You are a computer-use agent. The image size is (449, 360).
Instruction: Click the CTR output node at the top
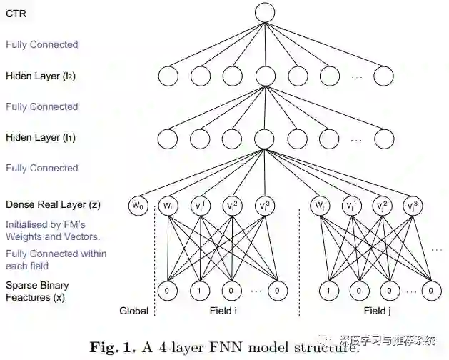click(265, 12)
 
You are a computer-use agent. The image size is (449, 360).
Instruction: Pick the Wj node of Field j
click(319, 206)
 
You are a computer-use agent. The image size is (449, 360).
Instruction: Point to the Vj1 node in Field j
click(350, 206)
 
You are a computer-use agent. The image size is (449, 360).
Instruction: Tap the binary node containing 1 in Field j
click(328, 291)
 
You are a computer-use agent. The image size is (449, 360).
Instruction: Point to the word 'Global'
click(133, 311)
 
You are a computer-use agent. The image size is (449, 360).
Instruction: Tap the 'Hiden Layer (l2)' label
click(42, 75)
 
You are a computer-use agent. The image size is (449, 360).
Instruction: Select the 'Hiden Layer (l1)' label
click(42, 137)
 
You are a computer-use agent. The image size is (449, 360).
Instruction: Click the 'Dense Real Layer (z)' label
click(53, 204)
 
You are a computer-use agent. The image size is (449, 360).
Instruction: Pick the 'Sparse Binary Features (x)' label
click(37, 291)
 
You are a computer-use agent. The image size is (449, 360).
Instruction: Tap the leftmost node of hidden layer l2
click(168, 76)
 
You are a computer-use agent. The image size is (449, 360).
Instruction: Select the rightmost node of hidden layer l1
click(383, 138)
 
